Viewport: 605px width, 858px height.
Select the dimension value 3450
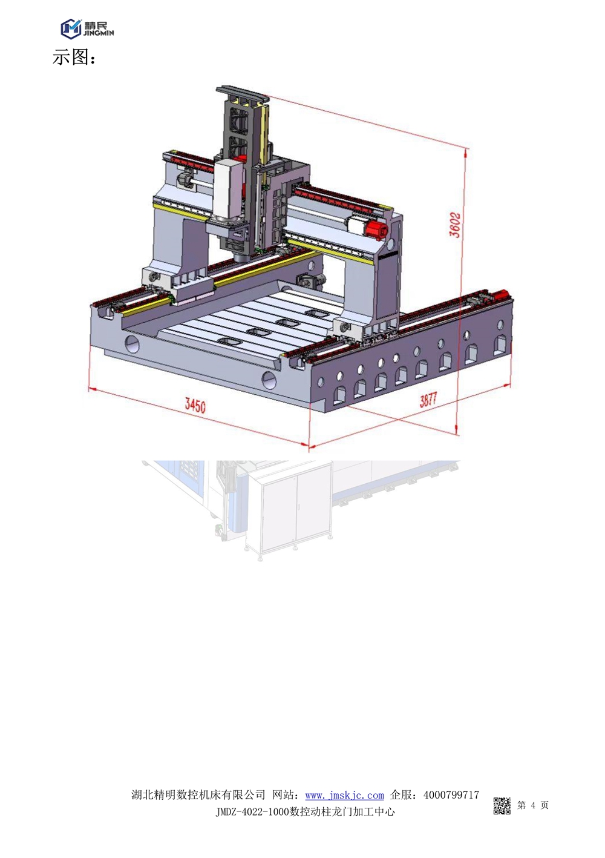(195, 405)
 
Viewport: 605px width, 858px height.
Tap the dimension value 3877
(428, 400)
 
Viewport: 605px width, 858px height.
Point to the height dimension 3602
(456, 225)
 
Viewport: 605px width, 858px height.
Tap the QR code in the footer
(502, 805)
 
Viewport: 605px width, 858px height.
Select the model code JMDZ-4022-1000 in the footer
(250, 812)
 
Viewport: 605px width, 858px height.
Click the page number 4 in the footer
(533, 805)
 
